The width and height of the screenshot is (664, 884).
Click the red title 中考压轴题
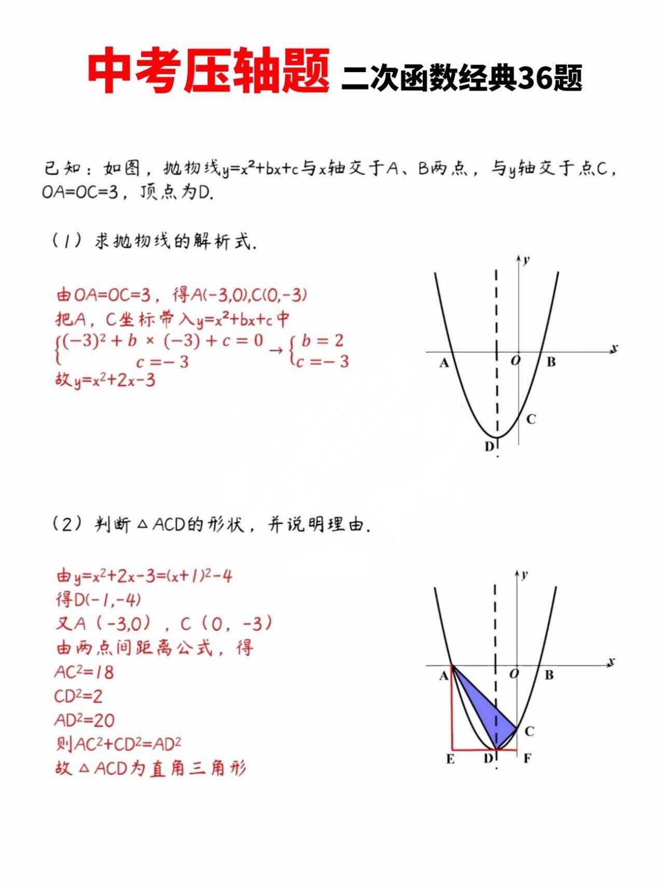[x=209, y=71]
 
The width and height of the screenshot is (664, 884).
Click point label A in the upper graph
[x=444, y=363]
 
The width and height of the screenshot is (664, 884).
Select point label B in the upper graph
[x=551, y=362]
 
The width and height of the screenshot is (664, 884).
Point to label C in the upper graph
[x=531, y=419]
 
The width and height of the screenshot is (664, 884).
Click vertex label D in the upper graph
[x=489, y=446]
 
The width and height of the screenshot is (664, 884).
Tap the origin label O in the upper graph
[x=515, y=360]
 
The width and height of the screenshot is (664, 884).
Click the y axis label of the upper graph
[x=527, y=260]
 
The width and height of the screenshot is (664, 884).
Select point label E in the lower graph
[x=450, y=759]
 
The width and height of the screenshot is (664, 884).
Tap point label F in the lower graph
[x=527, y=759]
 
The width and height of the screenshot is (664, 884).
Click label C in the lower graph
[x=529, y=731]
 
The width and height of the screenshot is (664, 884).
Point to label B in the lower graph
[x=549, y=675]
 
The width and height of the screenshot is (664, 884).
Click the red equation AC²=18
[x=84, y=672]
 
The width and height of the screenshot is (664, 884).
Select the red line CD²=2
[x=78, y=696]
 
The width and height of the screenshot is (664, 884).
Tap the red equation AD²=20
[x=84, y=720]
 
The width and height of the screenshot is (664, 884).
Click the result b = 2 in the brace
[x=322, y=341]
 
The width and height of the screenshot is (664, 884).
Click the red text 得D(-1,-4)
[x=99, y=599]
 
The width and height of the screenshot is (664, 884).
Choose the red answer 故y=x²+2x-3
[x=105, y=380]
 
